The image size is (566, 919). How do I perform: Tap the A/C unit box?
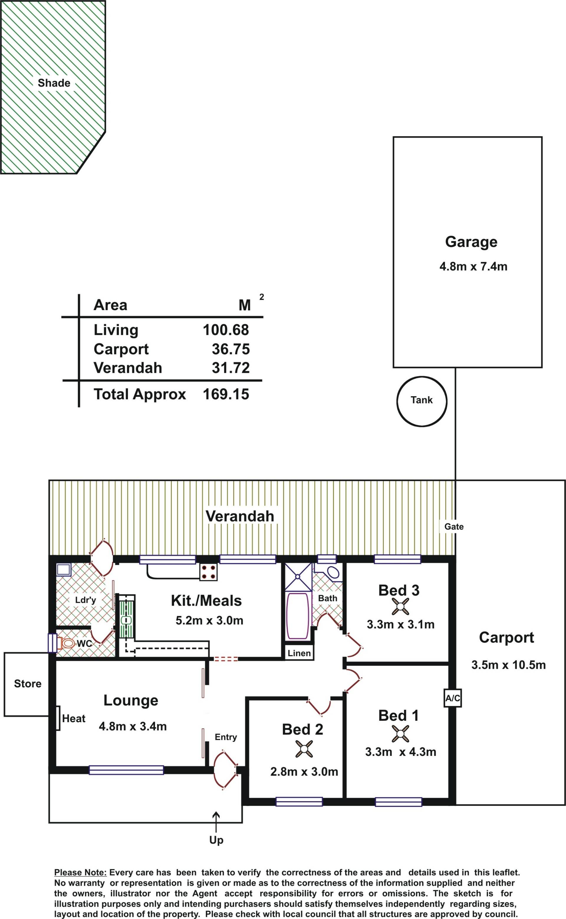(x=453, y=698)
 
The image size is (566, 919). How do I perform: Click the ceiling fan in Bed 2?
(x=304, y=749)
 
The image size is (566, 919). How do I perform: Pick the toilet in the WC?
(x=66, y=643)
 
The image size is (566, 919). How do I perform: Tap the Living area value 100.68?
(x=226, y=330)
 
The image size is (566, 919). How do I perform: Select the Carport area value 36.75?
(x=231, y=349)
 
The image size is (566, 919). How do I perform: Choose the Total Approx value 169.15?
(x=226, y=394)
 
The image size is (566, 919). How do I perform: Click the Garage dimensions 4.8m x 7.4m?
(x=473, y=266)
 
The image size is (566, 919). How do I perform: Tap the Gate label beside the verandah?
(x=454, y=526)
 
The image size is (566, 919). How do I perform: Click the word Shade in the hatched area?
(x=54, y=83)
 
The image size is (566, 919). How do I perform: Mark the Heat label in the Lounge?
(x=74, y=719)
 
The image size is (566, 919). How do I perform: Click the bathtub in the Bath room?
(x=298, y=616)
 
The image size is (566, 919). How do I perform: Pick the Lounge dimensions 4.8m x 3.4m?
(x=133, y=726)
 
